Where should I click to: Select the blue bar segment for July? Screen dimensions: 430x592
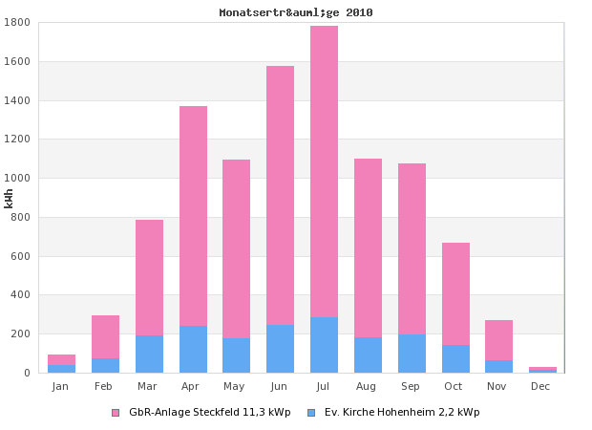click(x=324, y=345)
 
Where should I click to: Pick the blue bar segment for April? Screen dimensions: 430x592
click(x=193, y=350)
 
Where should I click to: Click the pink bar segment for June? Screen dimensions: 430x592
click(x=280, y=195)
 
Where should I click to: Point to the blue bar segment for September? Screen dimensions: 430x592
click(x=412, y=354)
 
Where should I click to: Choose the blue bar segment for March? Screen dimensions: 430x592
click(x=149, y=355)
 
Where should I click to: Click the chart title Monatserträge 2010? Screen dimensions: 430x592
click(x=296, y=12)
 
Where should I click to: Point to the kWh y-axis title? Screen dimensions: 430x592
click(x=9, y=198)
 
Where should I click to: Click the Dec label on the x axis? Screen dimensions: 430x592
click(x=540, y=386)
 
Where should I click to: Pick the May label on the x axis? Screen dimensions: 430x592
click(x=236, y=386)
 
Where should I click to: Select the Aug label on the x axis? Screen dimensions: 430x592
click(x=368, y=386)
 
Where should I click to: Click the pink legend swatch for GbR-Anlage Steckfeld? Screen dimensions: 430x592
click(x=116, y=413)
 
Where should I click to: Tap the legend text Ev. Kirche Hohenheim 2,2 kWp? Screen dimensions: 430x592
click(x=402, y=413)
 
